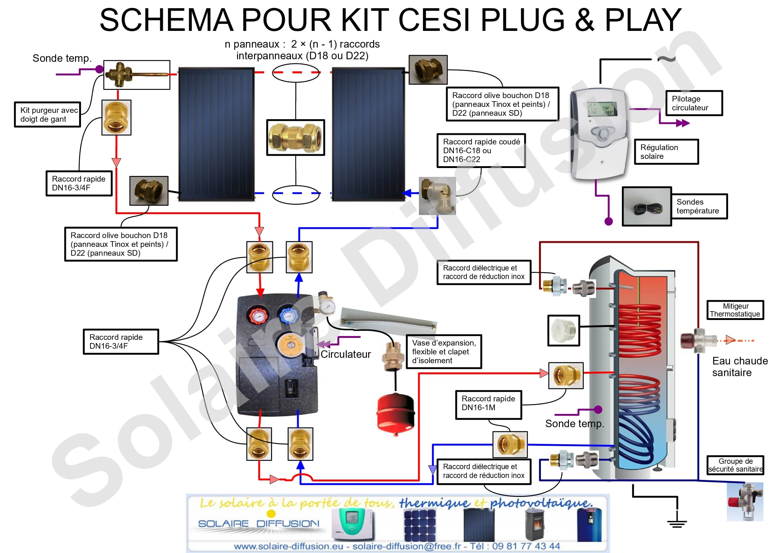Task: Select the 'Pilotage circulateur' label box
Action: coord(694,103)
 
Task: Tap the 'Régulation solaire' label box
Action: coord(666,152)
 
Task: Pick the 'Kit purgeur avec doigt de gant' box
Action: coord(47,114)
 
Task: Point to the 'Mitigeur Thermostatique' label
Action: coord(735,310)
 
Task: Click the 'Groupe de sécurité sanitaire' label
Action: coord(735,465)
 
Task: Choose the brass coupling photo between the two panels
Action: coord(295,138)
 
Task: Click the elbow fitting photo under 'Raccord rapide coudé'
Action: coord(437,196)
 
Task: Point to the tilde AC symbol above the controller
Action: coord(667,59)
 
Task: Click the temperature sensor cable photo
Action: coord(646,207)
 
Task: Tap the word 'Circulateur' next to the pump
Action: coord(345,354)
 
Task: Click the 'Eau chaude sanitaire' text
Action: coord(739,367)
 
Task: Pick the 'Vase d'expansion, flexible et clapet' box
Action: coord(443,352)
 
